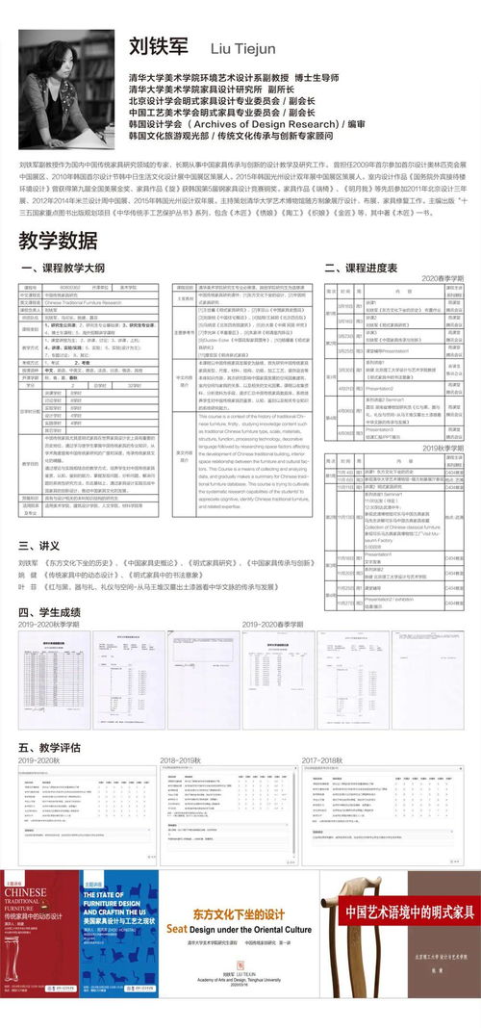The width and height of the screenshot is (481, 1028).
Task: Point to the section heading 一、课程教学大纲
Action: point(62,268)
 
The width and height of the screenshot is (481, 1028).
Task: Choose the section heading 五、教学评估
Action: point(50,746)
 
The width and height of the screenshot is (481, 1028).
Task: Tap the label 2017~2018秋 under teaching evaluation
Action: point(322,759)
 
